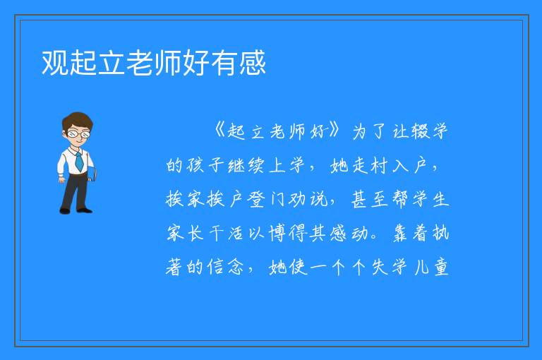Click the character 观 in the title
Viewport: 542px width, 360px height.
point(55,63)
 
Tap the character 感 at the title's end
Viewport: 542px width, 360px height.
point(253,63)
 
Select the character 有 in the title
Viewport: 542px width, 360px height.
point(224,63)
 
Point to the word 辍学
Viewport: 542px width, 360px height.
point(430,131)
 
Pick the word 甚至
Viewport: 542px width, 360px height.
point(370,199)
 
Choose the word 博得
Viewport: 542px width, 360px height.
point(288,233)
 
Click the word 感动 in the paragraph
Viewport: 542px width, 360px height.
point(349,233)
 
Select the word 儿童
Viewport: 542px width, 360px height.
point(431,267)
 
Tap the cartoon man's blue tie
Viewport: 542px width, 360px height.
point(79,161)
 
